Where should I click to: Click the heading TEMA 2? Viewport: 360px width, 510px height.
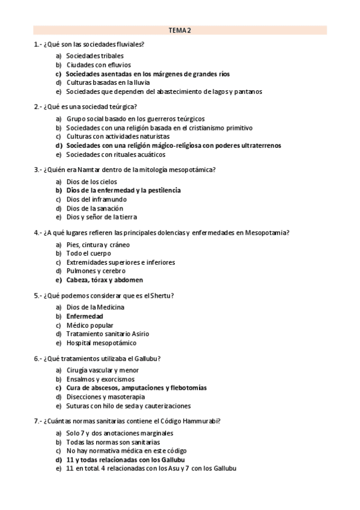[x=180, y=29]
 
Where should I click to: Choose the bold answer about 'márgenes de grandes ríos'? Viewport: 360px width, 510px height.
[x=148, y=74]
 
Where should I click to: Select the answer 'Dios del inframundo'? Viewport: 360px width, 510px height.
[x=96, y=199]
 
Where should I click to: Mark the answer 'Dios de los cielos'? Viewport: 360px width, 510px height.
[x=92, y=182]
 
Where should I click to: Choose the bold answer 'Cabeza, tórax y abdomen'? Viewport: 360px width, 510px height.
[x=105, y=280]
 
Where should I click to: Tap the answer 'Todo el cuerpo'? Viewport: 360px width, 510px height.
[x=88, y=253]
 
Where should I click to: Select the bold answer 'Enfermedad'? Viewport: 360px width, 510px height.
[x=85, y=316]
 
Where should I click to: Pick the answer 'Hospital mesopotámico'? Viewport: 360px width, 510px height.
[x=101, y=343]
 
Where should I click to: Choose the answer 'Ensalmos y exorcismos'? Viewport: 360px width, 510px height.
[x=100, y=379]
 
